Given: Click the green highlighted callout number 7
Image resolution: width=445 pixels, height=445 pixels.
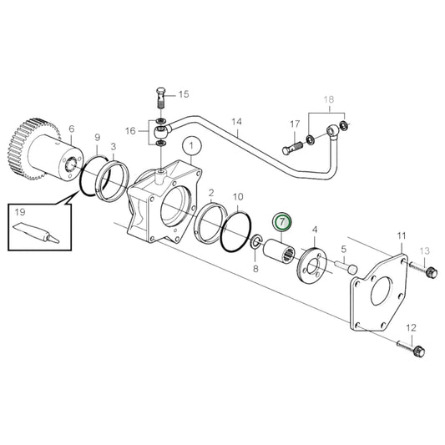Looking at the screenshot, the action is (x=282, y=221).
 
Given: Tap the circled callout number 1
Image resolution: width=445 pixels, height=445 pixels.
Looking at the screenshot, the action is (x=192, y=146).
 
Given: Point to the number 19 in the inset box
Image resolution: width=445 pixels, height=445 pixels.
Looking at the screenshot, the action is (x=20, y=212).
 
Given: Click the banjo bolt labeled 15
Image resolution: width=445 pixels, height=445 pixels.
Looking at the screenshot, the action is (x=161, y=98).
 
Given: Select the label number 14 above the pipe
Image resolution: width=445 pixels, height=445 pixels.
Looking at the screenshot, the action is (x=236, y=122).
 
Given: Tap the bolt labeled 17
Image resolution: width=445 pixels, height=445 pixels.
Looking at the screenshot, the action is (x=293, y=147).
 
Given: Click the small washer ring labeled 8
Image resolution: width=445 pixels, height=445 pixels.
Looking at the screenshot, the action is (x=255, y=242).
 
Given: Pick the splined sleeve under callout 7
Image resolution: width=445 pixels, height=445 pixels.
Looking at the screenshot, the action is (x=279, y=252).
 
